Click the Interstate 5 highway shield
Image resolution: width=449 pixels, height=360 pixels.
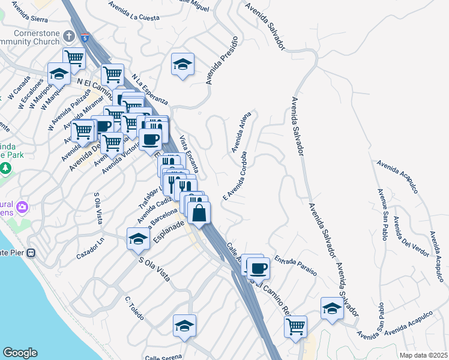pos(86,38)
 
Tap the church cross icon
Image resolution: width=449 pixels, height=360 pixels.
pos(70,36)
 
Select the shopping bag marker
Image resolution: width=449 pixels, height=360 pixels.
pos(199,212)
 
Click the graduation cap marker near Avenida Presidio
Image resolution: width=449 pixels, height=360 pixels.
pos(182,64)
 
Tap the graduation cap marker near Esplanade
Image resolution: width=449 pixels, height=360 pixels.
pos(138,238)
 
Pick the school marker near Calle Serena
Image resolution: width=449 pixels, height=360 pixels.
pos(185,325)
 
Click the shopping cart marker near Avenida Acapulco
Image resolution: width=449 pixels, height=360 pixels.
pos(295,327)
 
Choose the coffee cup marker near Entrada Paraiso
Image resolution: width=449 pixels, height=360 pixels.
pos(258,268)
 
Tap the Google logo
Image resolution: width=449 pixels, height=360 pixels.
pos(20,353)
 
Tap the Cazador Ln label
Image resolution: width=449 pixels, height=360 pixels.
pos(90,253)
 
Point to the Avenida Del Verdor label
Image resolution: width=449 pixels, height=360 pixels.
pos(406,235)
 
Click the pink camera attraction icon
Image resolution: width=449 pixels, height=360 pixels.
pos(23,208)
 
